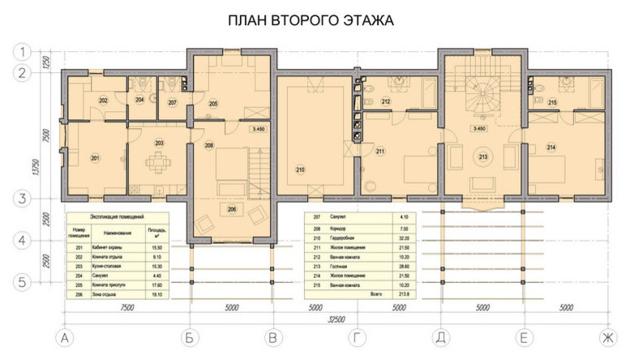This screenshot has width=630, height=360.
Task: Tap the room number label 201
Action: point(95,157)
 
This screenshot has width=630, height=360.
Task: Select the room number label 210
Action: point(300,169)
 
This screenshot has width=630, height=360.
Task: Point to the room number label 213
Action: point(483,156)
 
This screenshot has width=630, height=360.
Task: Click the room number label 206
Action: point(233,209)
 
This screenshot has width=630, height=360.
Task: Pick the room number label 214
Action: point(551,147)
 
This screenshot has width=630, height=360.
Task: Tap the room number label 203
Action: point(159,144)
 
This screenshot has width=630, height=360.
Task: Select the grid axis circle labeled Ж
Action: point(603,336)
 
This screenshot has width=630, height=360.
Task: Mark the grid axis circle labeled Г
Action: point(358,336)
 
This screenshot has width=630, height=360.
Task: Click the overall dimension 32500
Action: point(333,320)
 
